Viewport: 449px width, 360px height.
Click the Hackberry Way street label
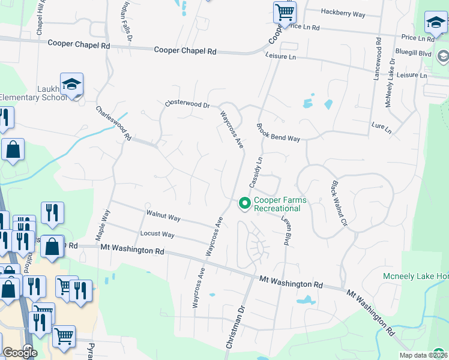pos(343,13)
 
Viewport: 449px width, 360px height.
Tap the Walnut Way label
pos(163,215)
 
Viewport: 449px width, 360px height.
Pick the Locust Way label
pos(157,234)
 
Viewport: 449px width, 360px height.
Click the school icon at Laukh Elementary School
pos(71,85)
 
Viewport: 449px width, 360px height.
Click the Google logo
pos(20,353)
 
